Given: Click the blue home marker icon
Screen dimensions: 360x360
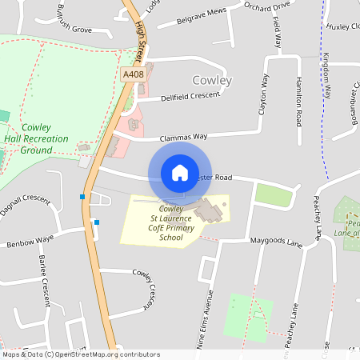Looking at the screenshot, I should coord(180,172).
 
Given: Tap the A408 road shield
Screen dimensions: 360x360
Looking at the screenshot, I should coord(134,74).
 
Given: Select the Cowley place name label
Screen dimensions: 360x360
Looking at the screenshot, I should coord(212,81).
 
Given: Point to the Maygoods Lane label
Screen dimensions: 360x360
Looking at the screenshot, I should coord(271,241).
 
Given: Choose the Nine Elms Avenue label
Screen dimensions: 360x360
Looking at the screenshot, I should coord(210,318).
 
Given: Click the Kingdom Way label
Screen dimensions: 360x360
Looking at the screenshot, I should coord(326,76).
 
